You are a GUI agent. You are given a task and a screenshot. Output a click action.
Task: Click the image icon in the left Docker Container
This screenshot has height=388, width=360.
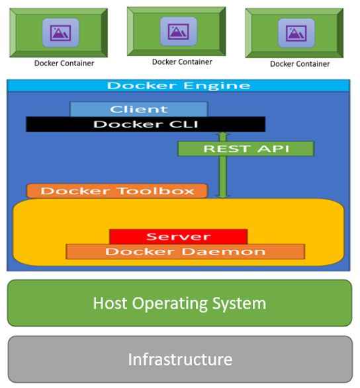[x=61, y=32]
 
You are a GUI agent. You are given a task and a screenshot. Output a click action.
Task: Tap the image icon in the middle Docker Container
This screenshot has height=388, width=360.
[x=179, y=32]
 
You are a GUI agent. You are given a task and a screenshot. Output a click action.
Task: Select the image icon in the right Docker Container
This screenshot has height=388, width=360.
[x=296, y=33]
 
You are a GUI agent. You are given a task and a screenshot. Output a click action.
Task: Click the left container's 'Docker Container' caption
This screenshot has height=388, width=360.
[x=64, y=63]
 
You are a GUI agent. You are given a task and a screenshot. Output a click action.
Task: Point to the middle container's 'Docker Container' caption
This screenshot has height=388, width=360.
[x=182, y=62]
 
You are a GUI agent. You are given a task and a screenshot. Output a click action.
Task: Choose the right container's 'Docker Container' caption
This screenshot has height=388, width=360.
[x=300, y=64]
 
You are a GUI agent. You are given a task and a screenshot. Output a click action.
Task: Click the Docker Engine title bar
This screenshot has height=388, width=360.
[x=179, y=86]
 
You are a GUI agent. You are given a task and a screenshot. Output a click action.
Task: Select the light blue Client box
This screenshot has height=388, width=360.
[x=139, y=109]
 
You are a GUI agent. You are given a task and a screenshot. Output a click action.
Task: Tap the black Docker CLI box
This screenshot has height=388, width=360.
[x=146, y=124]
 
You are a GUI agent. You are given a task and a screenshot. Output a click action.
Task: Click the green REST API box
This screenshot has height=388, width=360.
[x=246, y=149]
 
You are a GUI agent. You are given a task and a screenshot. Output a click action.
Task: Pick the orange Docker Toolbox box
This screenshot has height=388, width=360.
[x=117, y=191]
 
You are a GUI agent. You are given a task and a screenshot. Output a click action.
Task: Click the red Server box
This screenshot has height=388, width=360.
[x=179, y=237]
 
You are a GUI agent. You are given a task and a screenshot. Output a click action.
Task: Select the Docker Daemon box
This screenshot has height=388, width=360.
[x=185, y=252]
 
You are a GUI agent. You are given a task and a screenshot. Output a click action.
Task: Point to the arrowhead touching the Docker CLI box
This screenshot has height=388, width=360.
[x=223, y=134]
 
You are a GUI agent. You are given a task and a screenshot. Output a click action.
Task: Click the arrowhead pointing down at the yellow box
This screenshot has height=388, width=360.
[x=223, y=196]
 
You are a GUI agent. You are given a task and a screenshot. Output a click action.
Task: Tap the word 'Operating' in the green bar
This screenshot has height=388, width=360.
[x=169, y=303]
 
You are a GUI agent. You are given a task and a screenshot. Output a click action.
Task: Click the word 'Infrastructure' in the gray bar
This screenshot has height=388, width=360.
[x=180, y=360]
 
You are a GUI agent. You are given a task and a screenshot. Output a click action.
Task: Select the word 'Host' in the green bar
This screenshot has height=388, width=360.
[x=110, y=303]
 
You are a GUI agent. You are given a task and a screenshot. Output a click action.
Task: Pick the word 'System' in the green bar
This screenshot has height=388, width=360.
[x=239, y=303]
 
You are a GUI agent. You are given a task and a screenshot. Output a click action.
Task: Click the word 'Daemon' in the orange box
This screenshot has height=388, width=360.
[x=224, y=252]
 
